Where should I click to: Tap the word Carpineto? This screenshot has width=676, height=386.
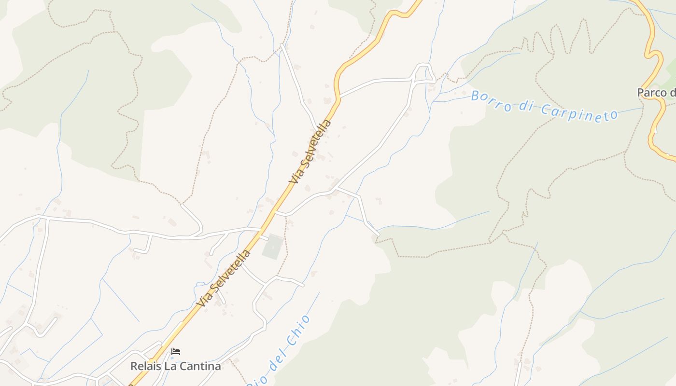[579, 112]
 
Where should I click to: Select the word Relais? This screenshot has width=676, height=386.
[146, 366]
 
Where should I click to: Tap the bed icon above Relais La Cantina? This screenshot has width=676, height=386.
[176, 352]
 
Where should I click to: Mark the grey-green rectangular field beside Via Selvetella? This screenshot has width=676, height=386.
[272, 246]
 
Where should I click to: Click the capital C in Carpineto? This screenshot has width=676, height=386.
[545, 109]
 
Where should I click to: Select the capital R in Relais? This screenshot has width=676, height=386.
[134, 366]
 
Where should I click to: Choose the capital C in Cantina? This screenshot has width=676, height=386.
[185, 366]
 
